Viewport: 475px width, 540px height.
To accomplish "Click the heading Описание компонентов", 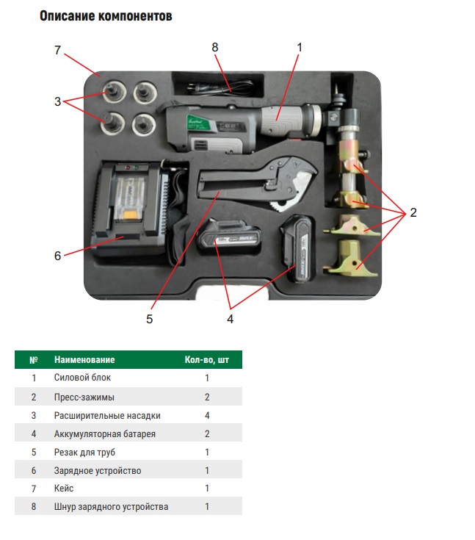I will [106, 15].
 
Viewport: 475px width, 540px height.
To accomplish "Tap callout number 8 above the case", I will [215, 47].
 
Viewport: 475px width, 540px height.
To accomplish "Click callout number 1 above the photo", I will [300, 47].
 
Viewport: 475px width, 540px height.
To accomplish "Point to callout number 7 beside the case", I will [57, 50].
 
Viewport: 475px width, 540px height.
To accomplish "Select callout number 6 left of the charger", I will [57, 256].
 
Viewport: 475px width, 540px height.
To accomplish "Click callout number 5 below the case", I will [149, 319].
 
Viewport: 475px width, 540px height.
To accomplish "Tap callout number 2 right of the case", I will [413, 213].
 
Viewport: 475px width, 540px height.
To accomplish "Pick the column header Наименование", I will [84, 360].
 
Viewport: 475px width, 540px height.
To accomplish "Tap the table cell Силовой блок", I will [82, 378].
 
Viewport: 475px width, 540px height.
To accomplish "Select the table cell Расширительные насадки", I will [107, 416].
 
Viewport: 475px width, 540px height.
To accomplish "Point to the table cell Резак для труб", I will [84, 452].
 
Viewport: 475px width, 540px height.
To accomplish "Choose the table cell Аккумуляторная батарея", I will [104, 434].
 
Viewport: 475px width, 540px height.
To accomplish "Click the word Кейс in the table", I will [64, 489].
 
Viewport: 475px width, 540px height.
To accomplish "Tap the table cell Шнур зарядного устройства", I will [111, 507].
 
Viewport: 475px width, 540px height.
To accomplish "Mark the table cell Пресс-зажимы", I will [85, 397].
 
